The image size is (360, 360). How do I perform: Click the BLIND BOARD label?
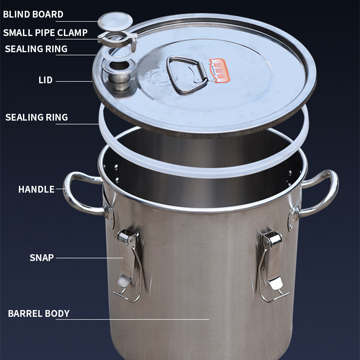pyautogui.click(x=33, y=14)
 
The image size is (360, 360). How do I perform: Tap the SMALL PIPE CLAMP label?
pyautogui.click(x=45, y=32)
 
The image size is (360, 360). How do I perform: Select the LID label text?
pyautogui.click(x=45, y=80)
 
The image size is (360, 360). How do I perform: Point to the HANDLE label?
pyautogui.click(x=36, y=189)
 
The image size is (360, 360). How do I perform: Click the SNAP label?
pyautogui.click(x=41, y=257)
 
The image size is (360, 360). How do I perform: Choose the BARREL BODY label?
pyautogui.click(x=39, y=313)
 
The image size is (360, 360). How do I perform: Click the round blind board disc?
pyautogui.click(x=115, y=21)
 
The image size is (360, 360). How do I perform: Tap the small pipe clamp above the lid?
pyautogui.click(x=117, y=40)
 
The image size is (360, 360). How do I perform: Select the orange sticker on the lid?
pyautogui.click(x=219, y=70)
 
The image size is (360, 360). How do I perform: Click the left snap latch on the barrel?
pyautogui.click(x=129, y=264)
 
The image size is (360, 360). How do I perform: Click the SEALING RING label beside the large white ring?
pyautogui.click(x=36, y=117)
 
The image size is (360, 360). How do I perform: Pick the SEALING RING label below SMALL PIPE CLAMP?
pyautogui.click(x=36, y=49)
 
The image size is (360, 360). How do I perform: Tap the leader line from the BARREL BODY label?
pyautogui.click(x=132, y=319)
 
